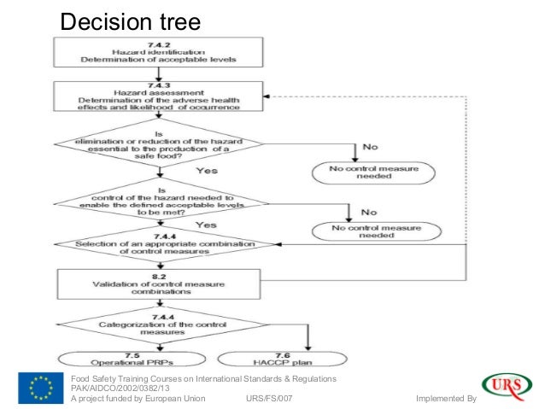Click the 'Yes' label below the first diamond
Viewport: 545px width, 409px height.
208,171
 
